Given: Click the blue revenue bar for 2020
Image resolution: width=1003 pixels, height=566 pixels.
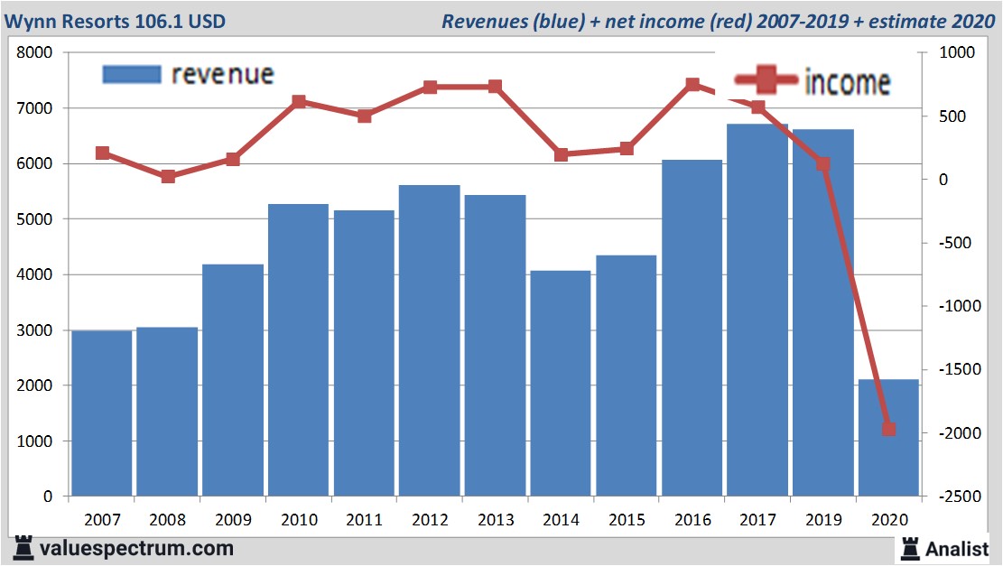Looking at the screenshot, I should (888, 438).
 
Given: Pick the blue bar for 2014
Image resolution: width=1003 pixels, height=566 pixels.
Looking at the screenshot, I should (561, 383).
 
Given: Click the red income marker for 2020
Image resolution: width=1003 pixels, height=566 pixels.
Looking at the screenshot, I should (888, 429).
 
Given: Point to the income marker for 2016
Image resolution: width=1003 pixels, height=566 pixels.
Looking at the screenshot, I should (692, 85).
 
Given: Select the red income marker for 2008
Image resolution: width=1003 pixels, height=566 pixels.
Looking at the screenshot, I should (168, 177).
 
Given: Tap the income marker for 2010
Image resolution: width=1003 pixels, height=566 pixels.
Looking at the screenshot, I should (299, 102).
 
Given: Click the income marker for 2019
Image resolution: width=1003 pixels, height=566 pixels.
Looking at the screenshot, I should (823, 164).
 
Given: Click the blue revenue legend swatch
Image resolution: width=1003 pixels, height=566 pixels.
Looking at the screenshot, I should (132, 74).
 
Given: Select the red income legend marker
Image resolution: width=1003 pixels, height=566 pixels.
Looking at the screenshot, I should (766, 80).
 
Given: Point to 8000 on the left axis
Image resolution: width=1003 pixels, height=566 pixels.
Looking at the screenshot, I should (36, 53).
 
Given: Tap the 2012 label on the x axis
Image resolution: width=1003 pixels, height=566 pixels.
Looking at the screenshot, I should (430, 520).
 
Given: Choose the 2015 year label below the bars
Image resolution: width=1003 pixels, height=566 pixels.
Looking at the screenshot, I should (627, 520).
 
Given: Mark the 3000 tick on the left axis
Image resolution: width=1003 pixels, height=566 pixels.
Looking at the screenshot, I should (36, 330).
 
